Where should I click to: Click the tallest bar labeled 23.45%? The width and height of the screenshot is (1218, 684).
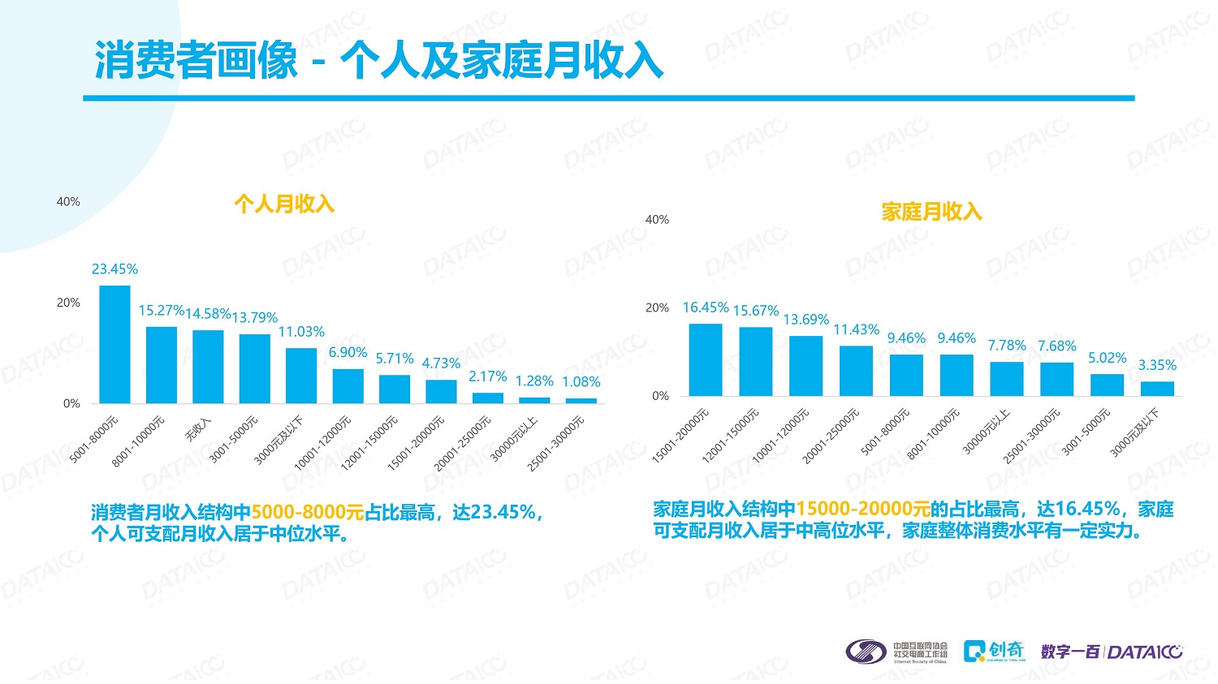(114, 344)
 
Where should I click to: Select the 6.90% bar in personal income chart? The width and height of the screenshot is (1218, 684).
(348, 386)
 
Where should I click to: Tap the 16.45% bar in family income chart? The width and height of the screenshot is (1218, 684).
(706, 360)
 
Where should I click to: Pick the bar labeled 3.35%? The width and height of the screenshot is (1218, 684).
(1157, 389)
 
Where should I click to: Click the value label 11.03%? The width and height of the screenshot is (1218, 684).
(301, 332)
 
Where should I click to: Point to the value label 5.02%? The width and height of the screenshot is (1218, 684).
(1107, 358)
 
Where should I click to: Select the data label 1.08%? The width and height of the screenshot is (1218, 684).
(581, 381)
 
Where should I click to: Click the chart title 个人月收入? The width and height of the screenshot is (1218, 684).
(284, 204)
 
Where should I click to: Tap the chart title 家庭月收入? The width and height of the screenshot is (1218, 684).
(931, 212)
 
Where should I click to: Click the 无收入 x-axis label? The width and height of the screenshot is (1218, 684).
(197, 430)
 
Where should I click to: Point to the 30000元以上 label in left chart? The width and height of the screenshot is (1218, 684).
(513, 439)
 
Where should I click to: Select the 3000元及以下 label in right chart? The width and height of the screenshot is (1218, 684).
(1134, 433)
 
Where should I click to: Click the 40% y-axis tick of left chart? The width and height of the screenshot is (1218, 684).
(68, 201)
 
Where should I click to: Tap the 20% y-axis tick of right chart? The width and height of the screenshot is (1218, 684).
(657, 308)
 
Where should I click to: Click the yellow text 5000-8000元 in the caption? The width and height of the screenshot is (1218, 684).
(308, 512)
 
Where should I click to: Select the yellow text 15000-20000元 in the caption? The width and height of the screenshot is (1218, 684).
(862, 509)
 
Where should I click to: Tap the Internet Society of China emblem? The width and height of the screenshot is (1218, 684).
(866, 651)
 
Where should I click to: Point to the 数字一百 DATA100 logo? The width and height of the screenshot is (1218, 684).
(1112, 652)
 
